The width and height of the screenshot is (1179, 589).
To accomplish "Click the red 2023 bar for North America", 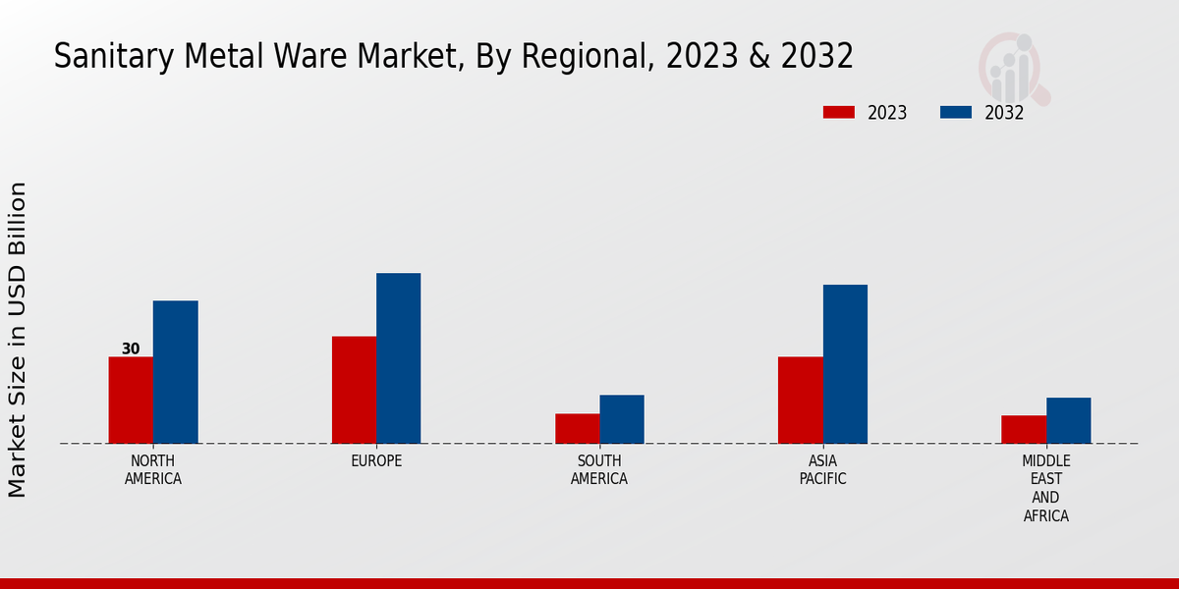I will click(131, 400).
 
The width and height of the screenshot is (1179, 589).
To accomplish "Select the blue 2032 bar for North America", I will click(175, 372).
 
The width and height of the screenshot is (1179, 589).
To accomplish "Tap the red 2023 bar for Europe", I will click(354, 390).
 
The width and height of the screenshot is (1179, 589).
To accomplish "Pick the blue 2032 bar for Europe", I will click(398, 358).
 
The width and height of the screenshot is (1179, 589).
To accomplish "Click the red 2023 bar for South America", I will click(577, 428).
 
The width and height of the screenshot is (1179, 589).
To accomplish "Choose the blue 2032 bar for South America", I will click(622, 419).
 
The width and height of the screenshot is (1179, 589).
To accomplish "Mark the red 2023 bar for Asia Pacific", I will click(800, 400).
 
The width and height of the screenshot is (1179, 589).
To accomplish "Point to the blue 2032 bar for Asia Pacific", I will click(845, 364).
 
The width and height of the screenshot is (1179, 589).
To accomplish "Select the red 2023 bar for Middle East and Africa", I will click(1024, 429).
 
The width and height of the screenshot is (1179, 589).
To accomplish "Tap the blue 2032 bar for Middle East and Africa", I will click(1068, 420).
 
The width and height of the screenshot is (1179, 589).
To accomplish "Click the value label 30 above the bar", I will click(131, 348).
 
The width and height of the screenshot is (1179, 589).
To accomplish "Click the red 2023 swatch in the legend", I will click(838, 112).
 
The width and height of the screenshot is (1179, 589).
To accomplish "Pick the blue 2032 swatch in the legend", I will click(955, 112).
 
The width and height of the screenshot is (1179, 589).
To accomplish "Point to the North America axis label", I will click(153, 469).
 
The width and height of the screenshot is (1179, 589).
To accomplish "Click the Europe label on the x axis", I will click(376, 460).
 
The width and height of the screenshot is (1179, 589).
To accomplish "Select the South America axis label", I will click(599, 469).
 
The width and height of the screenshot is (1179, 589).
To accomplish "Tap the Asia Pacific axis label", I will click(822, 469).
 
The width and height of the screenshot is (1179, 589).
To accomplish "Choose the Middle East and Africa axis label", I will click(1046, 488).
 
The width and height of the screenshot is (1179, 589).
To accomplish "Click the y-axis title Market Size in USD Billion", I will click(18, 339).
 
